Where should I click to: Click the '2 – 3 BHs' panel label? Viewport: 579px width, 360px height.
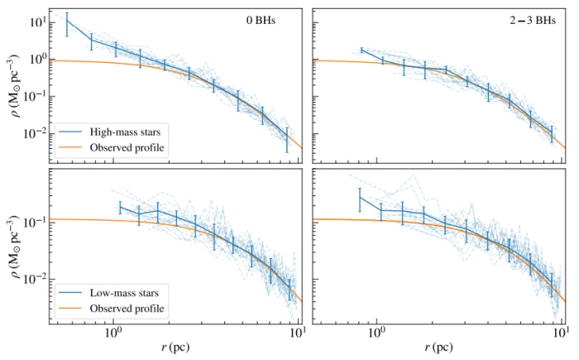point(533,21)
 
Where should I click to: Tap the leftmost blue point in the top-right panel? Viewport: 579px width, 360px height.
point(361,50)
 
